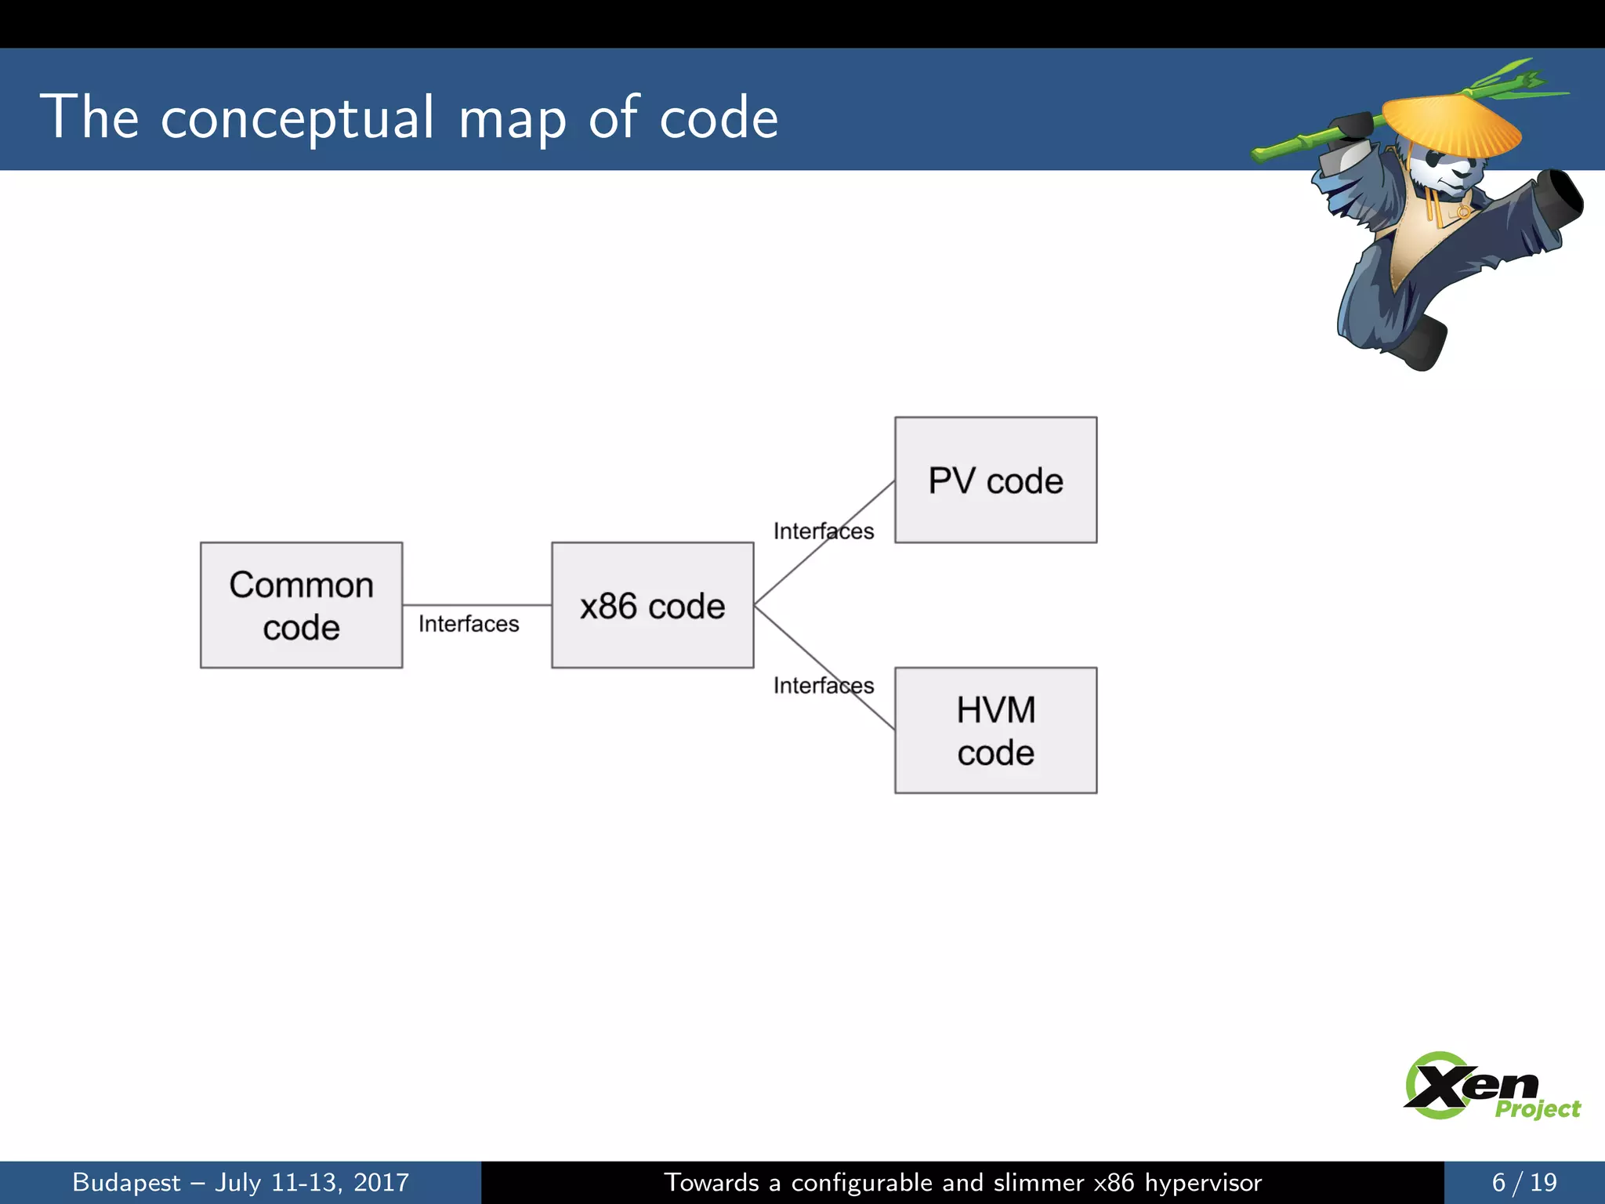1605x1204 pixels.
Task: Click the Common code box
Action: [x=301, y=605]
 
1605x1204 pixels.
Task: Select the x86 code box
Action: [x=652, y=605]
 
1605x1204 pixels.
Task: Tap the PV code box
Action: [x=995, y=480]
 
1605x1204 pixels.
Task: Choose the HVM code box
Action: [x=995, y=731]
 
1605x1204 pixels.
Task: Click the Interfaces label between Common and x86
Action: [x=469, y=624]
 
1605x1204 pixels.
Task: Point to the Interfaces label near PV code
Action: [x=823, y=531]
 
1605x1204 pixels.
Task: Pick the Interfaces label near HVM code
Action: [x=823, y=686]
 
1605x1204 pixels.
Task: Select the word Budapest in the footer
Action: [x=126, y=1182]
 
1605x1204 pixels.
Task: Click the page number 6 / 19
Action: [x=1523, y=1182]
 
